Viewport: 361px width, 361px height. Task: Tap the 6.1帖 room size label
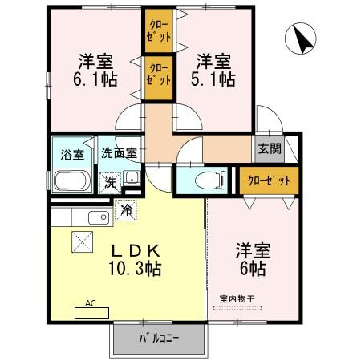95,79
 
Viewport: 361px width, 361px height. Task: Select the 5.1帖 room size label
214,79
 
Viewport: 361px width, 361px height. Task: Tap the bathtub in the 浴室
72,180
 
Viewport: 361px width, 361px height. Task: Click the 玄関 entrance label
270,148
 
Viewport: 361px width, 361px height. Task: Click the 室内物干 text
237,298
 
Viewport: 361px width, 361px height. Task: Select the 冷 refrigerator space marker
125,210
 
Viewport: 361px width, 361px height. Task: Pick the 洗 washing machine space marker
109,182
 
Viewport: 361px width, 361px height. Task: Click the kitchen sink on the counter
97,217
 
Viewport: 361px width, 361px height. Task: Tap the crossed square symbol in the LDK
82,241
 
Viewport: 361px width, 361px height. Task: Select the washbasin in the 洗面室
132,180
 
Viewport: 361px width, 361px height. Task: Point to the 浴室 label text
72,154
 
